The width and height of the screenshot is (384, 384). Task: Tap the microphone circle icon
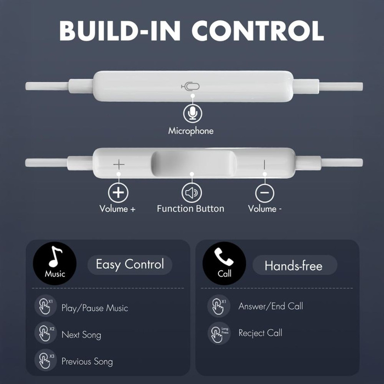tap(192, 113)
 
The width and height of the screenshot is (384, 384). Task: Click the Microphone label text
tap(191, 131)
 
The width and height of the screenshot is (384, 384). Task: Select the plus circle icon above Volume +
tap(118, 192)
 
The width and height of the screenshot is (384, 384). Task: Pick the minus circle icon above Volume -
tap(264, 192)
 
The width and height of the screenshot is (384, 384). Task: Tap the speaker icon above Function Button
tap(191, 192)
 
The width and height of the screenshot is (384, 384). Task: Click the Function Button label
tap(190, 208)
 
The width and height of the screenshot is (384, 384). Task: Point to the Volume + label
tap(117, 208)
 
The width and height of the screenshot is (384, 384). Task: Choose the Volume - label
tap(264, 208)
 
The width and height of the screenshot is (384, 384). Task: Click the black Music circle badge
tap(55, 263)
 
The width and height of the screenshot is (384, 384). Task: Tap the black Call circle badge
tap(224, 263)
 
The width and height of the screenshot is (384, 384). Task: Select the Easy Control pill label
tap(129, 264)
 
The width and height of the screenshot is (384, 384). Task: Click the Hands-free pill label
tap(293, 266)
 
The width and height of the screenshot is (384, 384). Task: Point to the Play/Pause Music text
tap(94, 308)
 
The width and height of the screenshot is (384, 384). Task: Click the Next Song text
tap(81, 335)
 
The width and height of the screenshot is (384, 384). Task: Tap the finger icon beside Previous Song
tap(45, 360)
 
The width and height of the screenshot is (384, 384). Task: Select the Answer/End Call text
tap(270, 306)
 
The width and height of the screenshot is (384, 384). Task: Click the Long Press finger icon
tap(218, 332)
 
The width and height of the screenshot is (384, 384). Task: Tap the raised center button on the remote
tap(194, 163)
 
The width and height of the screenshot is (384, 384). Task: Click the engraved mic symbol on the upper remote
tap(190, 86)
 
